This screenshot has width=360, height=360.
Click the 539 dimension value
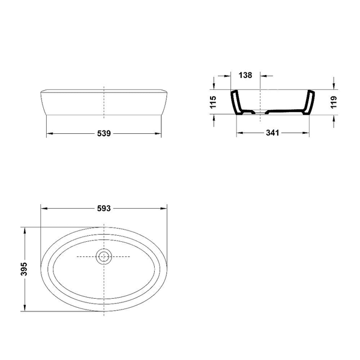(x=104, y=133)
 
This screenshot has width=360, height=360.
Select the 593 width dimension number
(x=104, y=208)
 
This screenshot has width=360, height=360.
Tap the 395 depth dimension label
(x=23, y=269)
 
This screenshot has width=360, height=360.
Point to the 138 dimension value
(x=245, y=75)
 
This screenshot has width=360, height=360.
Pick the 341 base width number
(x=272, y=133)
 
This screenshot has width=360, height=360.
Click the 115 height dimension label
(x=213, y=102)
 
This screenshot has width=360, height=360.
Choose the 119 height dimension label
(x=334, y=102)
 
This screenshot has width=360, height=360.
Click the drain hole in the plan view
(x=104, y=256)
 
